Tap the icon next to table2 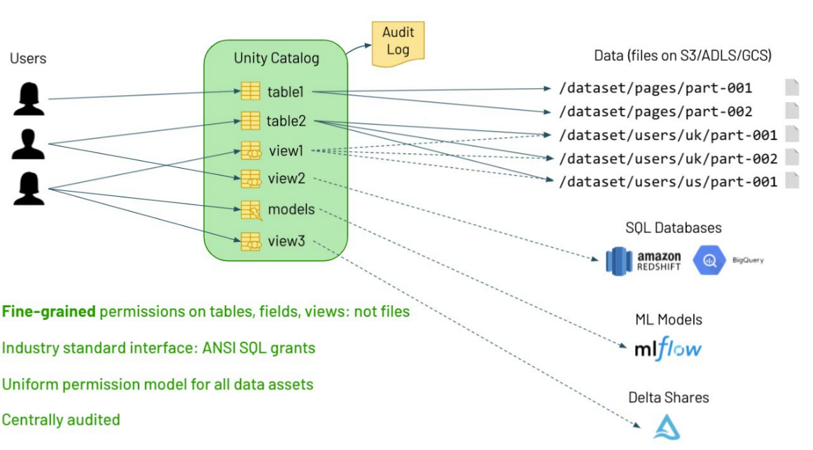tap(251, 120)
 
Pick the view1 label tap(286, 150)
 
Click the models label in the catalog tap(291, 209)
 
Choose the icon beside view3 tap(251, 242)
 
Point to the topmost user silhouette tap(29, 99)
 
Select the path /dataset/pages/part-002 tap(655, 111)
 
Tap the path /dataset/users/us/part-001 tap(668, 181)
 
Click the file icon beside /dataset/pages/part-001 tap(791, 87)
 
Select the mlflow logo tap(667, 348)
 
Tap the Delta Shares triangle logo tap(667, 427)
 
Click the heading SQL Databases tap(674, 227)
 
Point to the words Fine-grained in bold tap(49, 311)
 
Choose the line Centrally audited tap(61, 420)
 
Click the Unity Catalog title tap(276, 58)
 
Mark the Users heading tap(28, 58)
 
